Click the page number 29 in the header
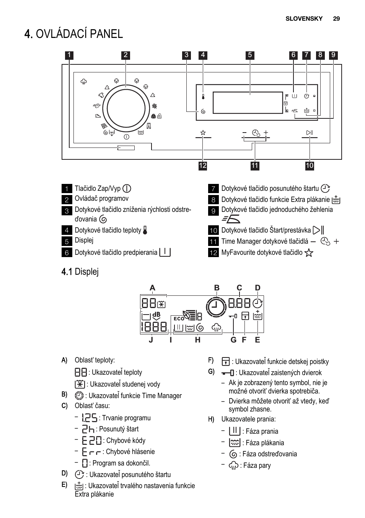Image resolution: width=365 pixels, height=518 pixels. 336,18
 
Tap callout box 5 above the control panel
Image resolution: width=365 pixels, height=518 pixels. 250,55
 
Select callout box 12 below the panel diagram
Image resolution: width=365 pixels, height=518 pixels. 203,166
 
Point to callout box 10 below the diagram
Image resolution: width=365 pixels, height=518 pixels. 310,166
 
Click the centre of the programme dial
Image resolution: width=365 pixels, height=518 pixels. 126,108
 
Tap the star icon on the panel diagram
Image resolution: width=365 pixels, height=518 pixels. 203,133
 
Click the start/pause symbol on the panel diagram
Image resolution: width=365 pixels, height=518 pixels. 310,133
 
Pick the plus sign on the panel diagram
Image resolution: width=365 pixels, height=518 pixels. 266,133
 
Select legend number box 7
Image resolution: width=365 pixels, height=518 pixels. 213,189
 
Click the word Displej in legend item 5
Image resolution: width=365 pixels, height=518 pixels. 84,240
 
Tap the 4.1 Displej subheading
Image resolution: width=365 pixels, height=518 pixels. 80,272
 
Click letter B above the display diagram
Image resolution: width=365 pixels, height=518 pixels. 217,288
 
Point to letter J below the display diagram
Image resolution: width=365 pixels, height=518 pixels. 151,340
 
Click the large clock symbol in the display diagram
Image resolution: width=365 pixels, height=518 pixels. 216,307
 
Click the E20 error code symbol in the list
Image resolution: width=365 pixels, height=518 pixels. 92,440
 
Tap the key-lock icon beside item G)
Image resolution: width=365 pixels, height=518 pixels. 228,373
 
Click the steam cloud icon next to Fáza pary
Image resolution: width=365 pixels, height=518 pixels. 233,466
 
